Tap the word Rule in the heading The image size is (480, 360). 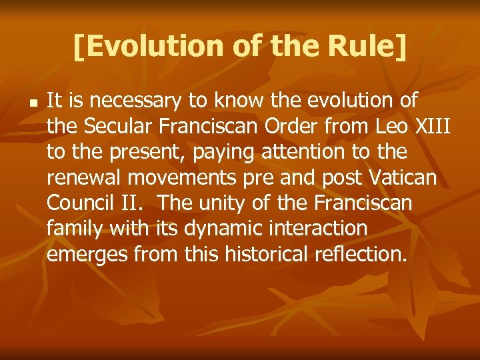(x=364, y=45)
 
